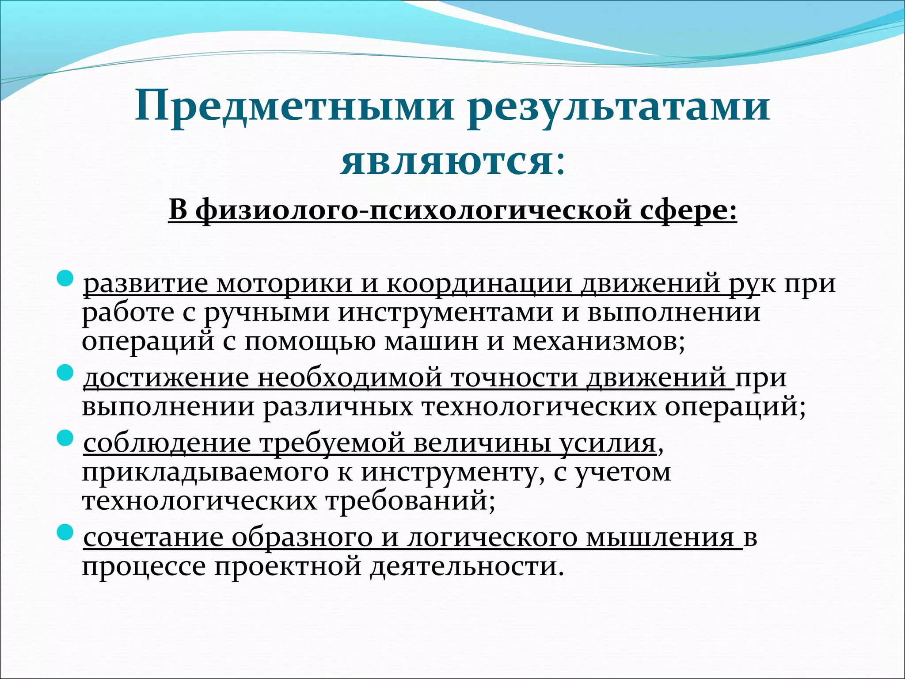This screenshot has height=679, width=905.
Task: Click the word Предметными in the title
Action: coord(294,107)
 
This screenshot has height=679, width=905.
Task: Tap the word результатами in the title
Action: coord(619,107)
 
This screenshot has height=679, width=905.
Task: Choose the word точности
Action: coord(515,378)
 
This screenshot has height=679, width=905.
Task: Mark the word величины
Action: coord(482,443)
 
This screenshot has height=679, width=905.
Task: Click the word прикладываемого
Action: coord(205,472)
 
